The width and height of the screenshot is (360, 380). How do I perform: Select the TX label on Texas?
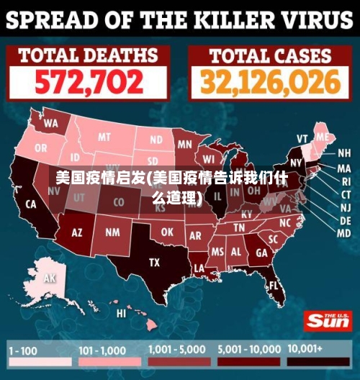pyautogui.click(x=154, y=263)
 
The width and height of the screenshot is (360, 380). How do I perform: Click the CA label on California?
pyautogui.click(x=31, y=204)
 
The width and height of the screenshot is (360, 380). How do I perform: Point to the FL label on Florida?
pyautogui.click(x=274, y=286)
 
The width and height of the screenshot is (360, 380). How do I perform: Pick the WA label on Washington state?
pyautogui.click(x=50, y=123)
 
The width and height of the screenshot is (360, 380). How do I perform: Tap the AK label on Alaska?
pyautogui.click(x=50, y=278)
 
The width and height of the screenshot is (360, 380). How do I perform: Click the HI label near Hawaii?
pyautogui.click(x=122, y=313)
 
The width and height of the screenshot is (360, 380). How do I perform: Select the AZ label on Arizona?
pyautogui.click(x=77, y=232)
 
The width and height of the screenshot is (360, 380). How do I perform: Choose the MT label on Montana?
pyautogui.click(x=105, y=137)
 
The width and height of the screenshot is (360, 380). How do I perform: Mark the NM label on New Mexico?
pyautogui.click(x=112, y=232)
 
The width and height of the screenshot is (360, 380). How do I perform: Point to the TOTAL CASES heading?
pyautogui.click(x=270, y=55)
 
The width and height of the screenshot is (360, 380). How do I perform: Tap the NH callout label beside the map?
pyautogui.click(x=344, y=153)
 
